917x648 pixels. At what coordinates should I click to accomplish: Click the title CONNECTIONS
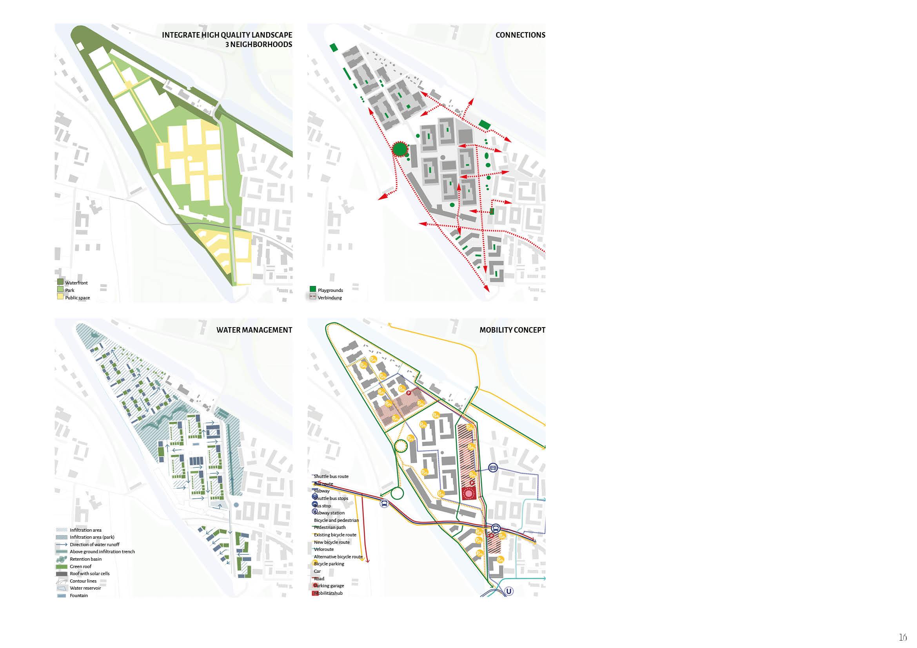(x=520, y=35)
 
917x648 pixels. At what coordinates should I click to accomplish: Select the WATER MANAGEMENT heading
(x=254, y=330)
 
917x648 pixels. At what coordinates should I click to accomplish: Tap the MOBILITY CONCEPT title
(x=512, y=330)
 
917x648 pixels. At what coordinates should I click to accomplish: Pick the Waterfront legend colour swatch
(x=60, y=282)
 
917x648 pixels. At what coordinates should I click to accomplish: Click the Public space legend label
(x=78, y=298)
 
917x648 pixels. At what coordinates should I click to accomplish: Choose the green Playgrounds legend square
(x=313, y=289)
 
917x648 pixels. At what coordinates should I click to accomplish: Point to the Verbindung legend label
(x=330, y=298)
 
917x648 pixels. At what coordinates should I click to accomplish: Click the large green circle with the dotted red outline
(x=399, y=149)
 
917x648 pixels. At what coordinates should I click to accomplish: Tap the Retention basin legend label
(x=85, y=559)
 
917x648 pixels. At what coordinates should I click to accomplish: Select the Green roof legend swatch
(x=62, y=567)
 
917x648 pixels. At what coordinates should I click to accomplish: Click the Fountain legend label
(x=79, y=596)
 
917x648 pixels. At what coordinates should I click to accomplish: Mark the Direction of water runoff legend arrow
(x=62, y=545)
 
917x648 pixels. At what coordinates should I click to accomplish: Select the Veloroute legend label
(x=324, y=549)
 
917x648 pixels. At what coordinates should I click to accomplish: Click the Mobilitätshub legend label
(x=328, y=593)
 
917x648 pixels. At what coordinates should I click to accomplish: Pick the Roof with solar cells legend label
(x=89, y=574)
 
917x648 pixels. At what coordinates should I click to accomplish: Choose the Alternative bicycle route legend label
(x=338, y=557)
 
